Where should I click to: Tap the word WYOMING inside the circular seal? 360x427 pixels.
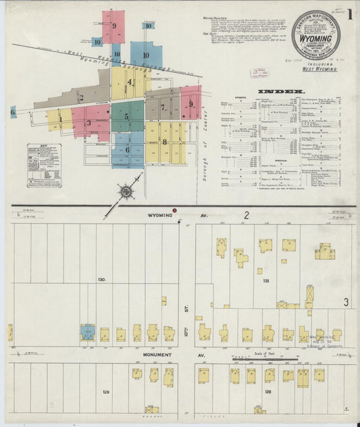tap(316, 39)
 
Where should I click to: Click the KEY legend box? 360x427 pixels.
tap(45, 164)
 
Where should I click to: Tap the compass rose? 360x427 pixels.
tap(126, 193)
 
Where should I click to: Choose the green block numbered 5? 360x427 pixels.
tap(126, 117)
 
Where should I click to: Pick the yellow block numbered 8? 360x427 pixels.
tap(164, 142)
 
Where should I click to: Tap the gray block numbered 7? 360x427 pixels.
tap(163, 107)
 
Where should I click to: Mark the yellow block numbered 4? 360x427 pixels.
tap(129, 82)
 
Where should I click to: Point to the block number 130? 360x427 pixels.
tap(102, 279)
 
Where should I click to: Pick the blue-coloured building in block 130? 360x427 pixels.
tap(88, 332)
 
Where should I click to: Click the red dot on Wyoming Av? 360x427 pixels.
tap(176, 211)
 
